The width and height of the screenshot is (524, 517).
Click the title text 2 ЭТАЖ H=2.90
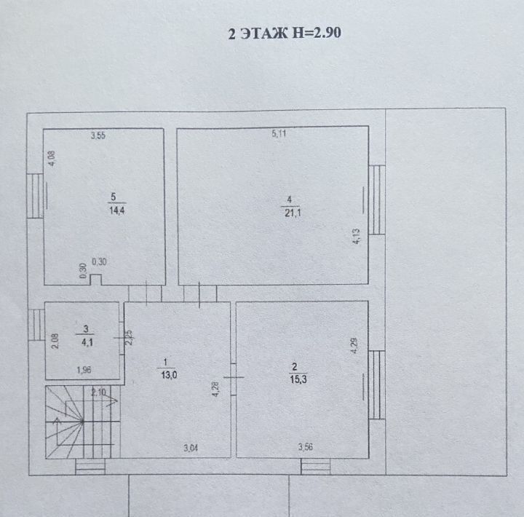click(x=285, y=33)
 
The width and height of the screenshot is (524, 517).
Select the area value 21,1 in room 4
click(x=293, y=213)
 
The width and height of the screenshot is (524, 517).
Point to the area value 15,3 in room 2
click(x=298, y=379)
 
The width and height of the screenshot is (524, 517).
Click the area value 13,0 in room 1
click(x=169, y=375)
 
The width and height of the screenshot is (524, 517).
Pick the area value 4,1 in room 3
click(x=87, y=342)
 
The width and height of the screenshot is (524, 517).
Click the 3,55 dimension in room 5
click(x=98, y=135)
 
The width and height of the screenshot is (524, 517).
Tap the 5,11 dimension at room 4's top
click(x=279, y=134)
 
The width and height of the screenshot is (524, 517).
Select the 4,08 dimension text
click(x=52, y=159)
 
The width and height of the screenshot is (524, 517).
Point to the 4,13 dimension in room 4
click(x=356, y=237)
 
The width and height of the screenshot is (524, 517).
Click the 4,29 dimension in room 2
click(x=354, y=345)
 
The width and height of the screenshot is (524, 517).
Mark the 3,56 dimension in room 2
click(x=306, y=447)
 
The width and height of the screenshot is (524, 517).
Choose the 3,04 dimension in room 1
click(x=191, y=448)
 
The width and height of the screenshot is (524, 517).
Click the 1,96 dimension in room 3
click(x=84, y=370)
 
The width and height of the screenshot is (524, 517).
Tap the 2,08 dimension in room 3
click(x=55, y=341)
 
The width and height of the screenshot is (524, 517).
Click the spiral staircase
click(x=82, y=422)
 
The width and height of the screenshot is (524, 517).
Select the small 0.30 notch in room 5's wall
click(x=96, y=280)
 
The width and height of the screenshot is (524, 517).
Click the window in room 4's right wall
click(x=377, y=200)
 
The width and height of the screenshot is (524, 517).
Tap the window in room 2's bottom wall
click(x=315, y=466)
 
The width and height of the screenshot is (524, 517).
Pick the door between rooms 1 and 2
click(x=234, y=377)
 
